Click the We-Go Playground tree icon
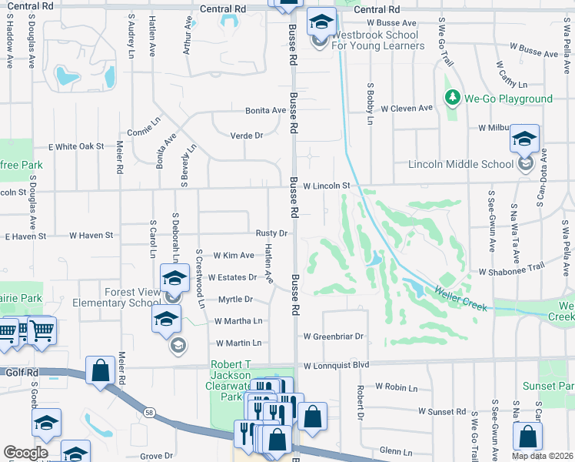[x=452, y=99]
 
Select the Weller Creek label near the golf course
[x=461, y=299]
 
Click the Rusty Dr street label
[x=271, y=233]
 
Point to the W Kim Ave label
[x=234, y=255]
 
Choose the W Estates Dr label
[x=232, y=277]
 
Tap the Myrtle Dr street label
[x=236, y=299]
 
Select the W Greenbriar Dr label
[x=332, y=336]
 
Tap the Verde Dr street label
[x=247, y=136]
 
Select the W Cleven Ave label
[x=408, y=109]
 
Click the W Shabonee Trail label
[x=510, y=272]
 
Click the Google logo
[x=25, y=453]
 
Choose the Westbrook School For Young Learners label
[x=377, y=40]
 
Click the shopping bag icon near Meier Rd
[x=101, y=370]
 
